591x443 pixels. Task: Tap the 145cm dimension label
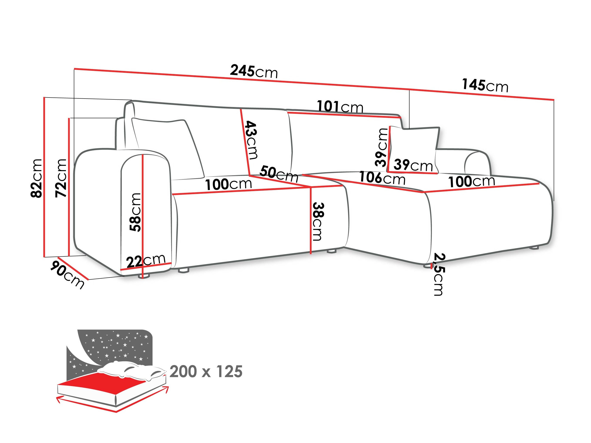click(485, 85)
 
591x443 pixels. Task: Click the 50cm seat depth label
click(279, 174)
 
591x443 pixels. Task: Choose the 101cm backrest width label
click(340, 107)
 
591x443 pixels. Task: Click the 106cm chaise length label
click(382, 178)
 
